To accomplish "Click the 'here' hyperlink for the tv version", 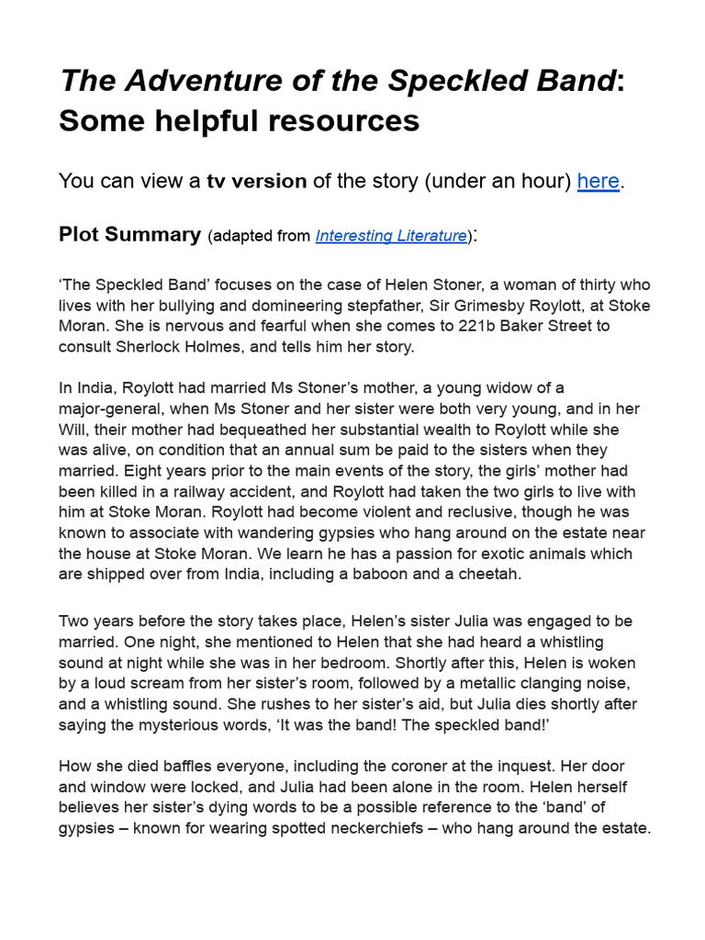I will click(599, 181).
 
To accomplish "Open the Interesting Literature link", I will click(390, 236).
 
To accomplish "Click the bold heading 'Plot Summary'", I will click(129, 234).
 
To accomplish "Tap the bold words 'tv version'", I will click(257, 181).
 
